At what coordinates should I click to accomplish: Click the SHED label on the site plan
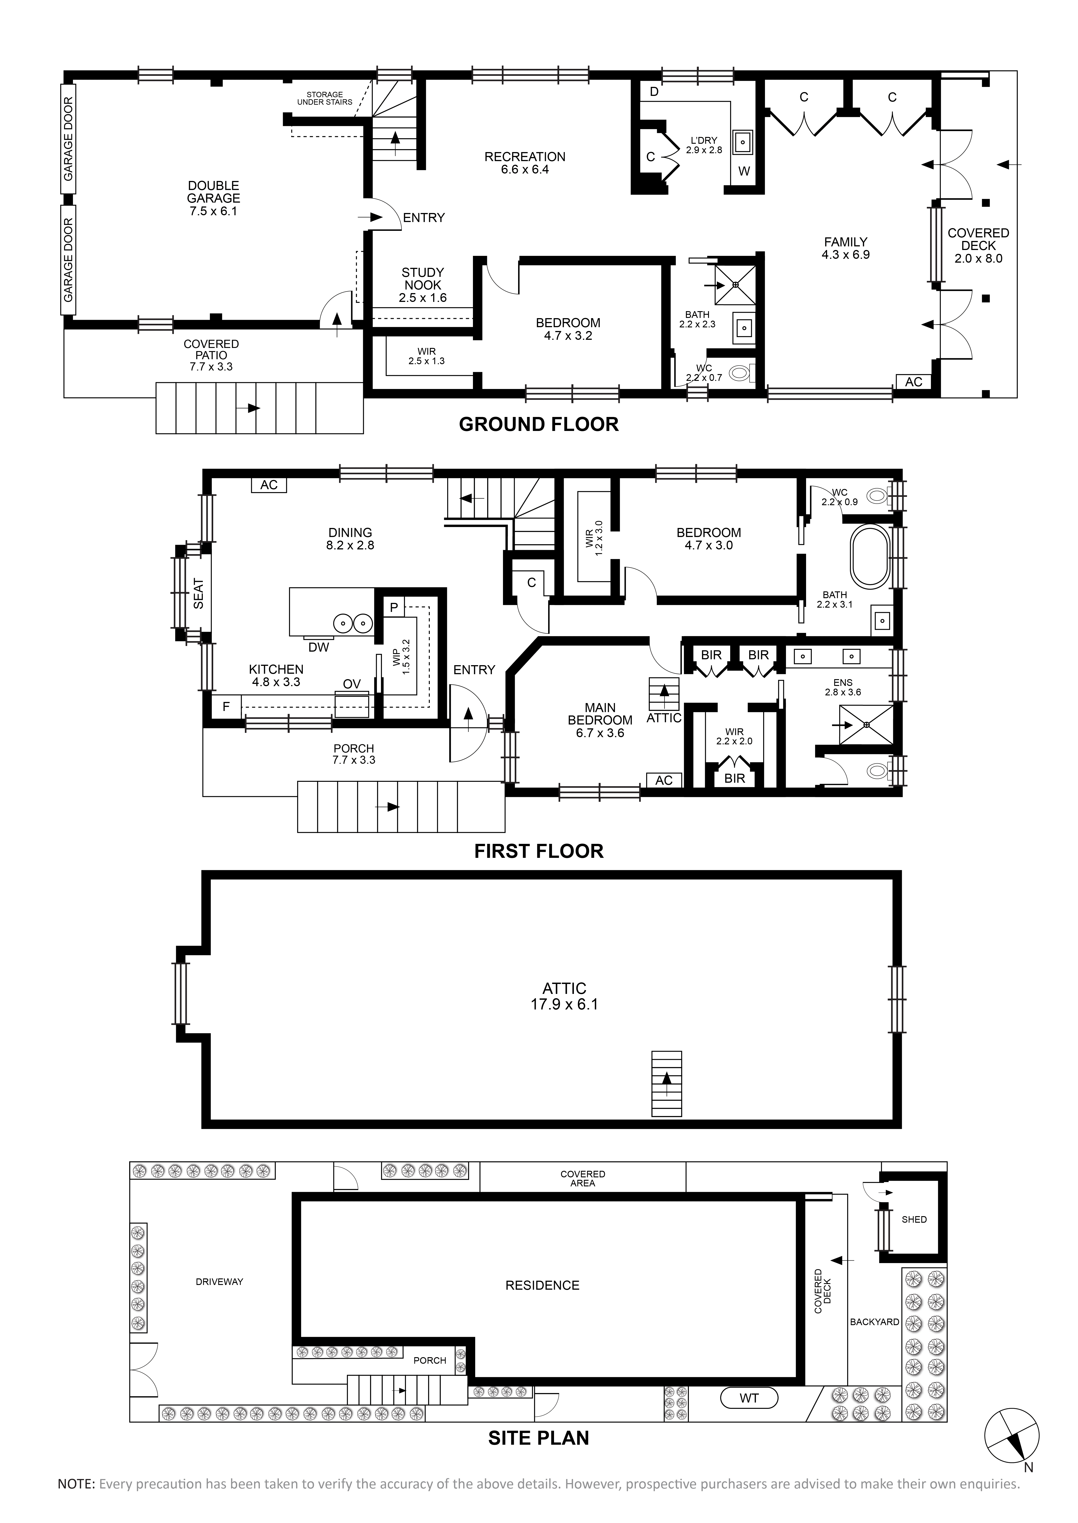pyautogui.click(x=914, y=1219)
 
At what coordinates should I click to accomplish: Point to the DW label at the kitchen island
pyautogui.click(x=319, y=647)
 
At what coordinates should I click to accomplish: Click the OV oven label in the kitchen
pyautogui.click(x=352, y=684)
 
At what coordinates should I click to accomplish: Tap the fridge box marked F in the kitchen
pyautogui.click(x=226, y=707)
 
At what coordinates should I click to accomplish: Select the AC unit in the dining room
pyautogui.click(x=269, y=485)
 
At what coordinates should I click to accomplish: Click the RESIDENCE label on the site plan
pyautogui.click(x=542, y=1286)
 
